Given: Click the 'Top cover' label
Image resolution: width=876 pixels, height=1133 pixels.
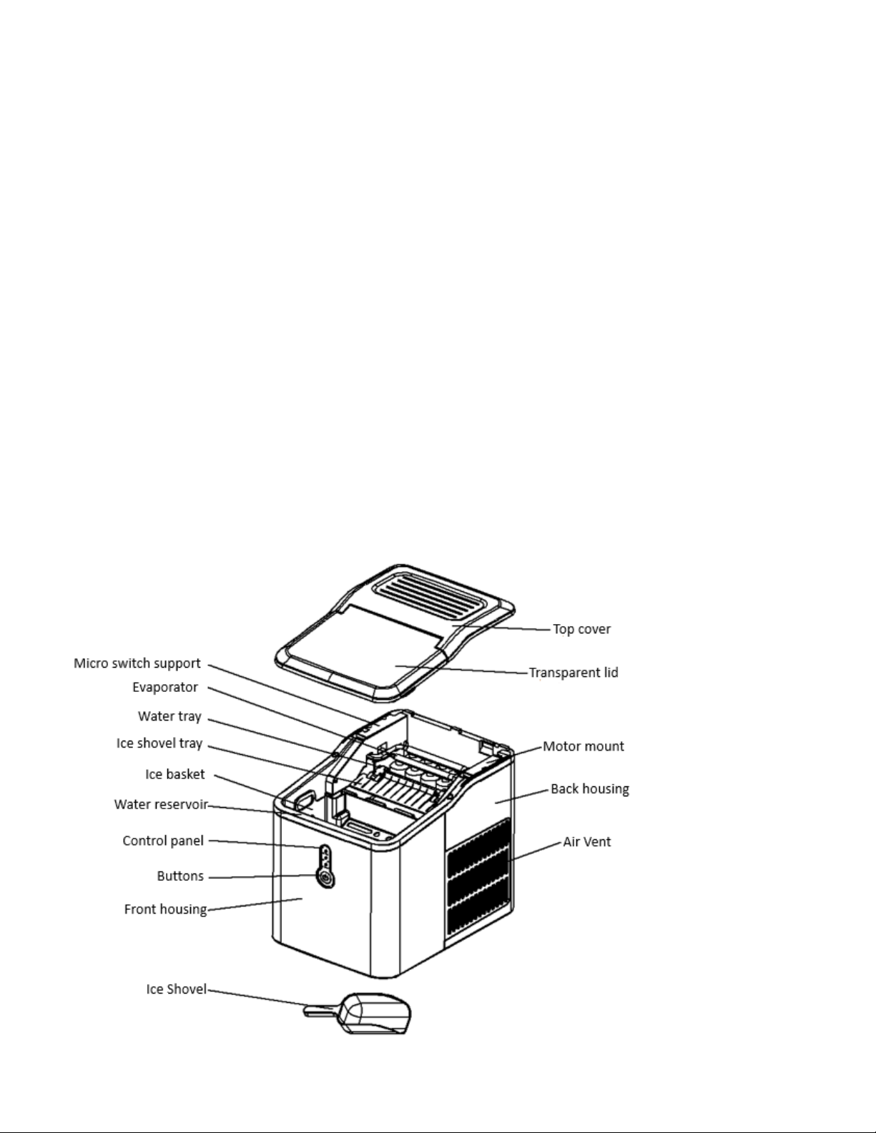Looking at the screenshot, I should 581,629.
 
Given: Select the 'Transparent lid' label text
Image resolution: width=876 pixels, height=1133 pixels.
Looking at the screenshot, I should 573,673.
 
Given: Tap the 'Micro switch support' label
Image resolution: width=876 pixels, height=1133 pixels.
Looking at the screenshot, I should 137,663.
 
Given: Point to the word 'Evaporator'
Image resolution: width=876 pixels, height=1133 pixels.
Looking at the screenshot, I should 164,688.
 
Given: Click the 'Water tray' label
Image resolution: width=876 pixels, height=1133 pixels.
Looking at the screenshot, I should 169,716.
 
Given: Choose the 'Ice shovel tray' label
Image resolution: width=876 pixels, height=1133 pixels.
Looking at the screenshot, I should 159,743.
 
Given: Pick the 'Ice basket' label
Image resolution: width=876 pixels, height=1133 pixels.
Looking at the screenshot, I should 174,774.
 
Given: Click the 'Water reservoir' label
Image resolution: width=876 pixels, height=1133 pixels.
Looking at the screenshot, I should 161,805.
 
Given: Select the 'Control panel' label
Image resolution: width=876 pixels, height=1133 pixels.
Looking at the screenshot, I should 163,841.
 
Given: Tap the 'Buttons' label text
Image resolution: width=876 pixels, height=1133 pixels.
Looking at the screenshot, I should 180,876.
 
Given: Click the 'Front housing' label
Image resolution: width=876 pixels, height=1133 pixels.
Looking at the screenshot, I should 165,909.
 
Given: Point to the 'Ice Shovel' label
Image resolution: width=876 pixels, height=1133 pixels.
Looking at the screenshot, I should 176,990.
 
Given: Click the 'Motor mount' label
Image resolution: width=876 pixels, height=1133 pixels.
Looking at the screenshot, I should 584,746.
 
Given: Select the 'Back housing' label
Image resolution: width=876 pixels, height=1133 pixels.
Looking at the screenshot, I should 589,789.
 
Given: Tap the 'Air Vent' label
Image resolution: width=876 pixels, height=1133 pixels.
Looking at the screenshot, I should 586,842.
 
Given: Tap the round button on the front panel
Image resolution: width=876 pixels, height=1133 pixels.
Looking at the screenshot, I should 326,879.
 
